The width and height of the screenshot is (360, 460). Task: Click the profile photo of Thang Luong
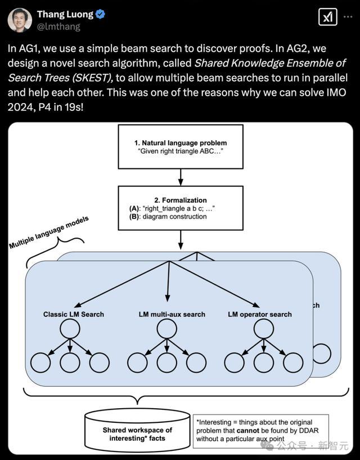click(x=20, y=20)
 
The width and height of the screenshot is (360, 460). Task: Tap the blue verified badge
click(x=101, y=14)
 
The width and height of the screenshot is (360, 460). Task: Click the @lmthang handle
click(x=58, y=26)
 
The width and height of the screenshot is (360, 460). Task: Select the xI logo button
click(x=328, y=17)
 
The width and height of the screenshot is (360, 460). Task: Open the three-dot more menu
click(x=348, y=17)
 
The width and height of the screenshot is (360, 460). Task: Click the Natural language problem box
click(x=181, y=147)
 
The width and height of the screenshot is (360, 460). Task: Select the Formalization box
click(x=181, y=208)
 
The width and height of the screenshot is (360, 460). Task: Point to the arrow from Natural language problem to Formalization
click(x=181, y=177)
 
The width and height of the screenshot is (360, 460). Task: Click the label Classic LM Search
click(x=74, y=314)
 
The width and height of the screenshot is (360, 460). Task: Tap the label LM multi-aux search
click(x=172, y=314)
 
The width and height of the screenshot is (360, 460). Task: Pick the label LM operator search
click(x=260, y=314)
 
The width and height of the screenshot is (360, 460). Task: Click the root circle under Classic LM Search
click(x=70, y=329)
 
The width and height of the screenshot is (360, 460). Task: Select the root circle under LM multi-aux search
click(x=167, y=329)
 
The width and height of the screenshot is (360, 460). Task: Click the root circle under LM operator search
click(x=264, y=329)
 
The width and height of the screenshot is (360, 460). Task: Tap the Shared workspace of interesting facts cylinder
click(x=137, y=431)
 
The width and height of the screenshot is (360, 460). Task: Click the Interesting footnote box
click(x=260, y=431)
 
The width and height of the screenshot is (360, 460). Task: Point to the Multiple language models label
click(x=49, y=233)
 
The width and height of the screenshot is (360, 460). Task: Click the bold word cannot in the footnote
click(x=247, y=431)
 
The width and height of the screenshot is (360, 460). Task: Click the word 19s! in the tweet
click(x=74, y=107)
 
